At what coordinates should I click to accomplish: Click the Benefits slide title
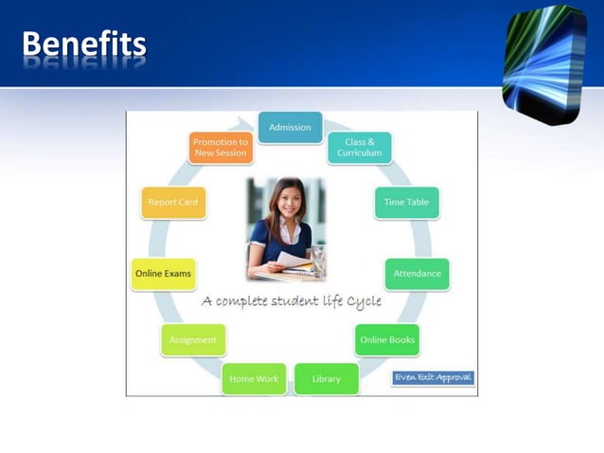tap(83, 44)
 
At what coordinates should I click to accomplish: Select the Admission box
tap(290, 128)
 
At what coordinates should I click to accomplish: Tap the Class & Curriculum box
tap(360, 148)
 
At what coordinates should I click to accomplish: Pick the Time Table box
tap(406, 202)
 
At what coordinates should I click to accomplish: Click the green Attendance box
tap(417, 274)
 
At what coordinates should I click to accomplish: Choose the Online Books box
tap(387, 339)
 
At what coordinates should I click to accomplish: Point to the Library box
tap(327, 379)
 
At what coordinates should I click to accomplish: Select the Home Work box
tap(254, 379)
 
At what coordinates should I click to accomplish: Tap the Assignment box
tap(192, 339)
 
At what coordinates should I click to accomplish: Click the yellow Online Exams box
tap(163, 274)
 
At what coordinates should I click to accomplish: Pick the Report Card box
tap(172, 202)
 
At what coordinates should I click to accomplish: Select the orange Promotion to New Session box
tap(220, 148)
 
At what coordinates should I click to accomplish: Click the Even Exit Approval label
tap(433, 377)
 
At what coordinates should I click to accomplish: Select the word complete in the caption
tap(249, 302)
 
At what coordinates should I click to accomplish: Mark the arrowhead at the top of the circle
tap(251, 124)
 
